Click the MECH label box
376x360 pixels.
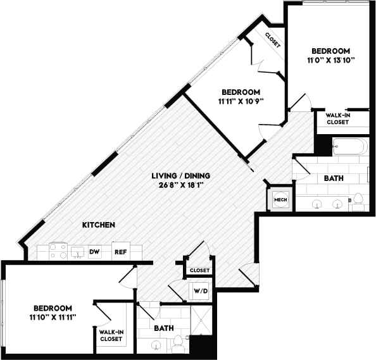[x=279, y=200]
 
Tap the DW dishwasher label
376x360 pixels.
[x=94, y=252]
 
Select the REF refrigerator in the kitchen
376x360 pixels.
[x=120, y=252]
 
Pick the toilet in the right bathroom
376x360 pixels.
[x=358, y=200]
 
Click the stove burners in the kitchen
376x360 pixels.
[x=58, y=251]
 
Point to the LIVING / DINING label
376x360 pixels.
[x=180, y=175]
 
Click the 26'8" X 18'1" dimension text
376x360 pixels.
[x=180, y=185]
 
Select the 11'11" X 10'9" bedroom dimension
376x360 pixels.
[x=240, y=101]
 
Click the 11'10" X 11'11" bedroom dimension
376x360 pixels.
[x=53, y=316]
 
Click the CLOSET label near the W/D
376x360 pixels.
[x=199, y=270]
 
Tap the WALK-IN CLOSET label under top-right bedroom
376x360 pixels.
[x=338, y=119]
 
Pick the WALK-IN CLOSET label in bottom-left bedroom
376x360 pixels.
[x=111, y=335]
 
